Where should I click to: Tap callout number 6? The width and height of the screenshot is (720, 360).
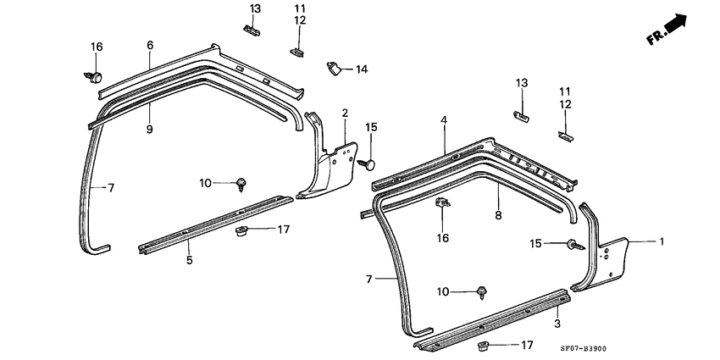point(150,44)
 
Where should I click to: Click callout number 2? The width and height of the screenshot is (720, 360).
point(346,113)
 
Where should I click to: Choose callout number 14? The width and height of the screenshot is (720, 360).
point(362,69)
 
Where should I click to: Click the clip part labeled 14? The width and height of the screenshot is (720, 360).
point(333,66)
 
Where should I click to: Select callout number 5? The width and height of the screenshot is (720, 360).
point(189,260)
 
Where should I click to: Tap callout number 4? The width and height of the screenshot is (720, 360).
point(443,122)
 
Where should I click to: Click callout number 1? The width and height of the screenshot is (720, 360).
point(662,241)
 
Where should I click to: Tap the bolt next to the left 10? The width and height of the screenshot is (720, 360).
point(241,182)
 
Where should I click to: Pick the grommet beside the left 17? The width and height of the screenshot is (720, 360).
point(240,232)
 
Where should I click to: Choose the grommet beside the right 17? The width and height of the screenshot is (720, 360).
point(485,345)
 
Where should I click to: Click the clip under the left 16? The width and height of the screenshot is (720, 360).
point(92,78)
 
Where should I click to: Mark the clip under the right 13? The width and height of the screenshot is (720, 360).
point(522,114)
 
